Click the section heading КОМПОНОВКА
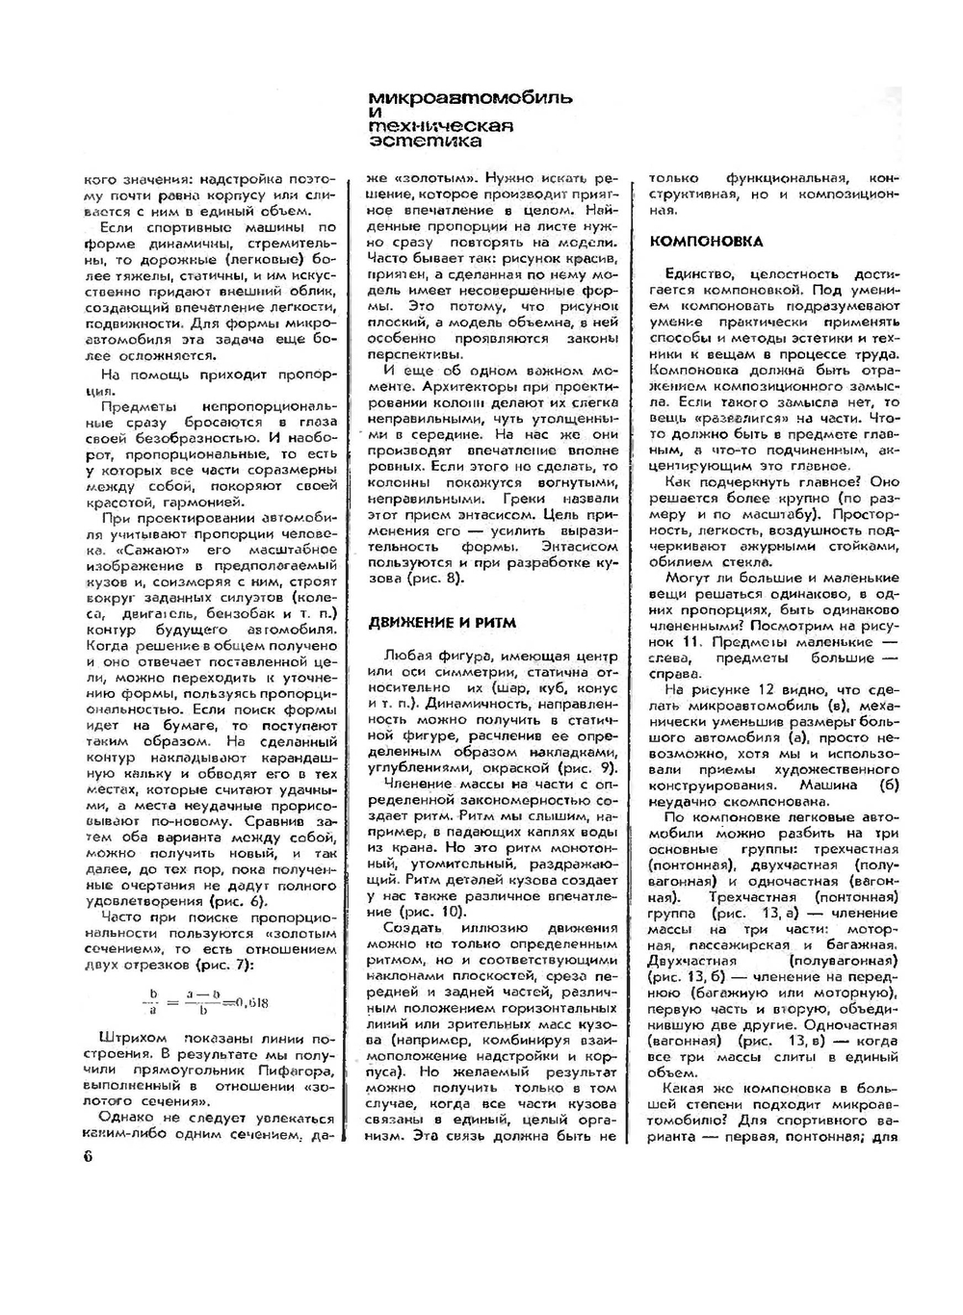pos(707,242)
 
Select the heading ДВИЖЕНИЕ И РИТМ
pos(442,622)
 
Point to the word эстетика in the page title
pos(427,142)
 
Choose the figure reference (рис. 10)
pos(432,912)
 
